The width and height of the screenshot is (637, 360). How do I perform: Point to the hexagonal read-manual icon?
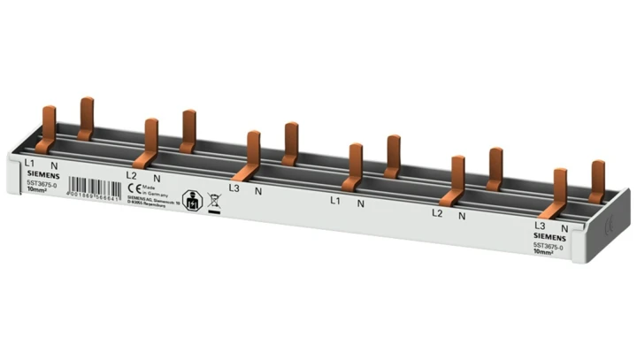coord(189,198)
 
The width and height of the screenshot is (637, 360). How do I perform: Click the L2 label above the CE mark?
coord(131,175)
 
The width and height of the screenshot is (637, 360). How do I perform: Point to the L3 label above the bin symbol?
coord(234,188)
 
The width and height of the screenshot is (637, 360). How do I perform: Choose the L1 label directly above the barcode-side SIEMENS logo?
coord(28,164)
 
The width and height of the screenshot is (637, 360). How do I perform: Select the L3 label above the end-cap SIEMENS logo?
coord(540,226)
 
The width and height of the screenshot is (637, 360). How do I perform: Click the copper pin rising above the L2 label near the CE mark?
coord(151,139)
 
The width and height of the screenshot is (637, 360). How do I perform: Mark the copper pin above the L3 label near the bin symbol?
coord(253,151)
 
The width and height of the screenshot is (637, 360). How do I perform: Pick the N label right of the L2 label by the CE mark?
coord(157,178)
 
